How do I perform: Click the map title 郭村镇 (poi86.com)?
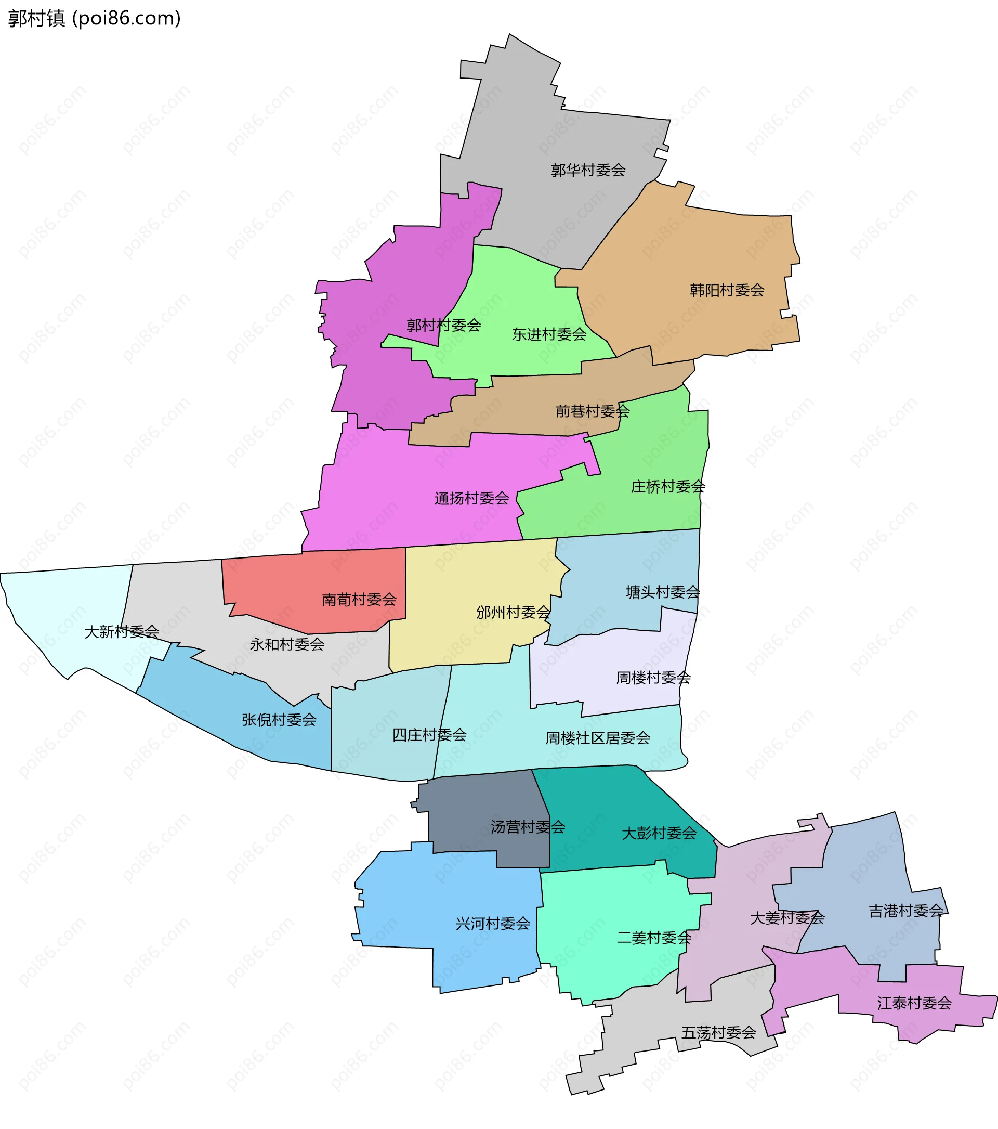95,18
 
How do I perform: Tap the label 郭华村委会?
588,170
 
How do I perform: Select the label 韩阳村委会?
727,290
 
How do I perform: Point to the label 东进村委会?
549,334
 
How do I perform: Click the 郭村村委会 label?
444,325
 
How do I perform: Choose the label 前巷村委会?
592,410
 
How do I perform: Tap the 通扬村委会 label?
471,498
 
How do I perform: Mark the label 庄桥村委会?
668,486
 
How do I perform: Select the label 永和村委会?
287,643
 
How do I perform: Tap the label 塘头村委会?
662,592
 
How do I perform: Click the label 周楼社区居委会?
598,737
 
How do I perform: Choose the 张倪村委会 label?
279,719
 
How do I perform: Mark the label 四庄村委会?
429,734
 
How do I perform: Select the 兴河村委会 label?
492,923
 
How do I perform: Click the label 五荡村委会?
718,1032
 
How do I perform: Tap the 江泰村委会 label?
914,1003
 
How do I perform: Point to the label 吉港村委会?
906,910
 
